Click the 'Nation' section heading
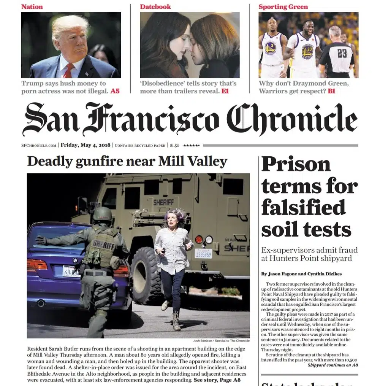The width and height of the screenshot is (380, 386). [x=32, y=6]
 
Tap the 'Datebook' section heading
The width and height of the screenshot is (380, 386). [x=155, y=6]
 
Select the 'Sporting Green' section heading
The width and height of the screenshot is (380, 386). [x=283, y=6]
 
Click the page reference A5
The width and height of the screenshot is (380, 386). [x=115, y=91]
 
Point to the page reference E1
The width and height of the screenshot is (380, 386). [x=225, y=91]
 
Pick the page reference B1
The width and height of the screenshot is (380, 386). [x=331, y=91]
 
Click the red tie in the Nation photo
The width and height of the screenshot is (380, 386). [x=69, y=71]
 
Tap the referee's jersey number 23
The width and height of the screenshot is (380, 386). [x=342, y=53]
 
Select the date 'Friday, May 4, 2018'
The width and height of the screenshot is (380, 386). [x=85, y=145]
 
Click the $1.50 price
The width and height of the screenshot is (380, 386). [x=174, y=145]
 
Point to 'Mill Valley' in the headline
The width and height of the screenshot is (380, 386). [x=193, y=161]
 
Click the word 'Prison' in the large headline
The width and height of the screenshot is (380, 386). [x=296, y=165]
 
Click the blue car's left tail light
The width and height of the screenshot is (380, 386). [x=37, y=265]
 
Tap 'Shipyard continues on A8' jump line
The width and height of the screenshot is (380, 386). [x=332, y=365]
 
